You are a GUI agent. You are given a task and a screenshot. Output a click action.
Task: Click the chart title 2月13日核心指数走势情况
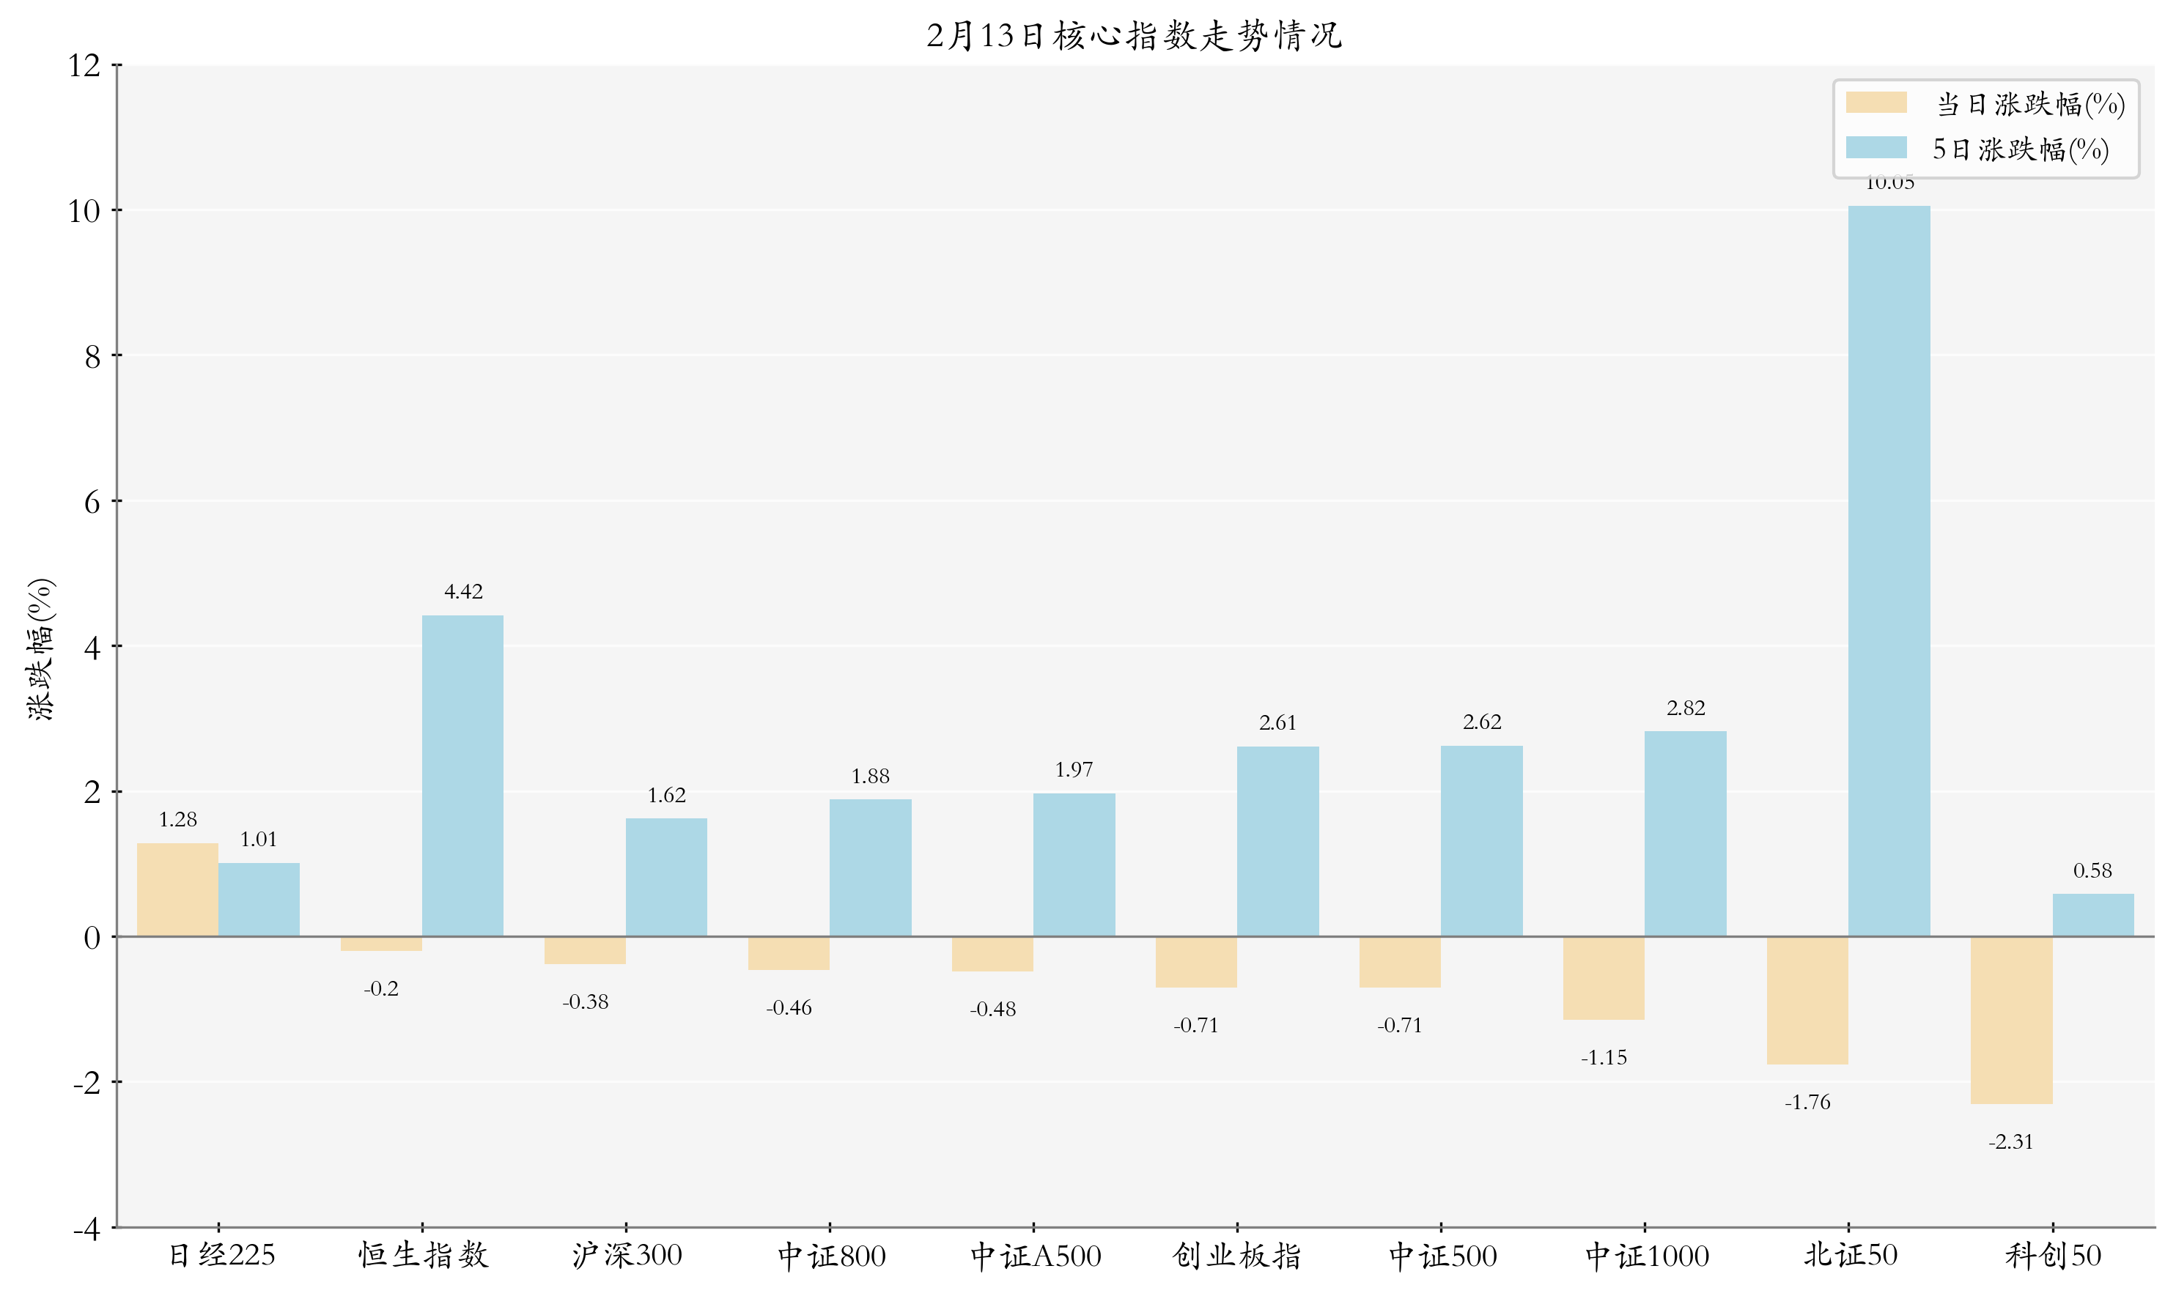[x=1133, y=36]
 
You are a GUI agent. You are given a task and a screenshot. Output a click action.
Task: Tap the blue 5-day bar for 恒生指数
[x=462, y=776]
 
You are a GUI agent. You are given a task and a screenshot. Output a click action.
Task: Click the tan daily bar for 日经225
[x=177, y=889]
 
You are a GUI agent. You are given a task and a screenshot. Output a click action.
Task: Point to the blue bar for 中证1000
[x=1684, y=833]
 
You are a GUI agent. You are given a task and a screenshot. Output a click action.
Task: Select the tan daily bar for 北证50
[x=1807, y=1000]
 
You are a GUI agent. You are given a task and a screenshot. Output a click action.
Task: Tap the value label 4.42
[x=463, y=592]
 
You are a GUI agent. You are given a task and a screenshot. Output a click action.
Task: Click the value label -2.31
[x=2010, y=1142]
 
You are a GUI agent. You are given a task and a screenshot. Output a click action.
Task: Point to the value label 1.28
[x=177, y=820]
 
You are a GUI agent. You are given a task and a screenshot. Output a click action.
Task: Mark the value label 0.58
[x=2092, y=870]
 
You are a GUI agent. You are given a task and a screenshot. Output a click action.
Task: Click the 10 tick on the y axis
[x=85, y=210]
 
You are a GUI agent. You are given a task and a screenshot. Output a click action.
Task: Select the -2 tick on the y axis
[x=86, y=1083]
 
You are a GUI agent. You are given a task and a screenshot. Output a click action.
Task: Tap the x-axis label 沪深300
[x=627, y=1256]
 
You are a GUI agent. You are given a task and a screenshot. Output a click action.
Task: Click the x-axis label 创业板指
[x=1236, y=1256]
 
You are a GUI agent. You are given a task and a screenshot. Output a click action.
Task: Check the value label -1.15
[x=1603, y=1059]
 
